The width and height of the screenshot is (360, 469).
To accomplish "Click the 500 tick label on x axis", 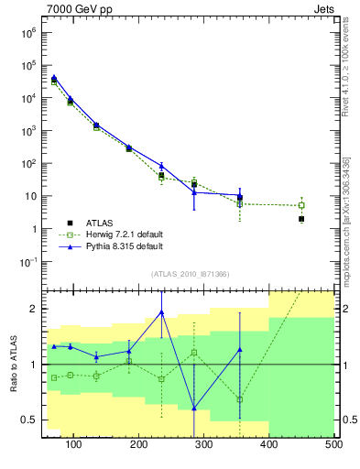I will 333,444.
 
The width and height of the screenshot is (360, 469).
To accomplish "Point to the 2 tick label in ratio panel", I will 33,309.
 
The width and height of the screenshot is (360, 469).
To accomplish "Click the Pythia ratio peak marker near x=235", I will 161,312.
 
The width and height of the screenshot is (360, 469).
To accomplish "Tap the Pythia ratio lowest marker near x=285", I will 194,409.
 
